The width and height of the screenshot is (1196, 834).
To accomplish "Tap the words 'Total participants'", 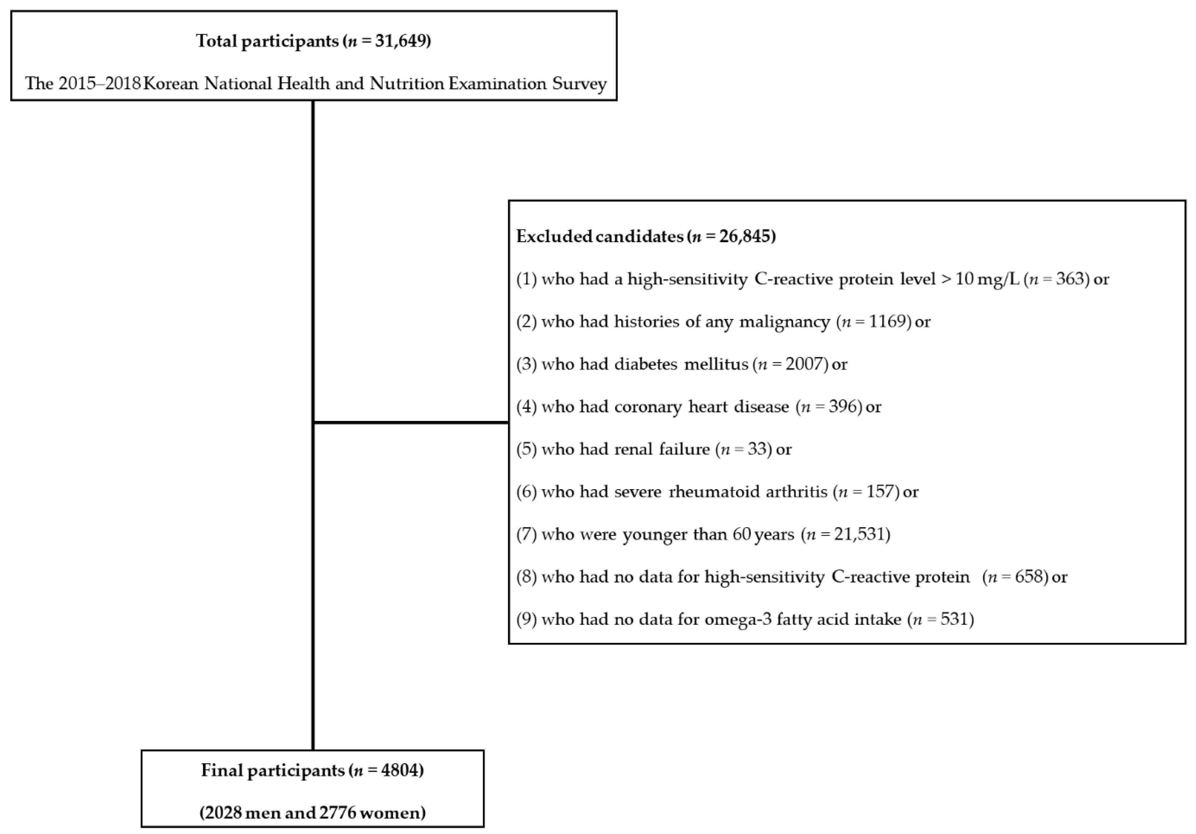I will [267, 41].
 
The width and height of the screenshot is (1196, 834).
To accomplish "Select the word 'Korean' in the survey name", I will [170, 83].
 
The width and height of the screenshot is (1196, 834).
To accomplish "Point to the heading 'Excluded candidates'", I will [600, 237].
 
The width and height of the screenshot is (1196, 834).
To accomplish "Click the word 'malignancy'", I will [785, 322].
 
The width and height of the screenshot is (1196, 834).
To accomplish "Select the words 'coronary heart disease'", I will [702, 406].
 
